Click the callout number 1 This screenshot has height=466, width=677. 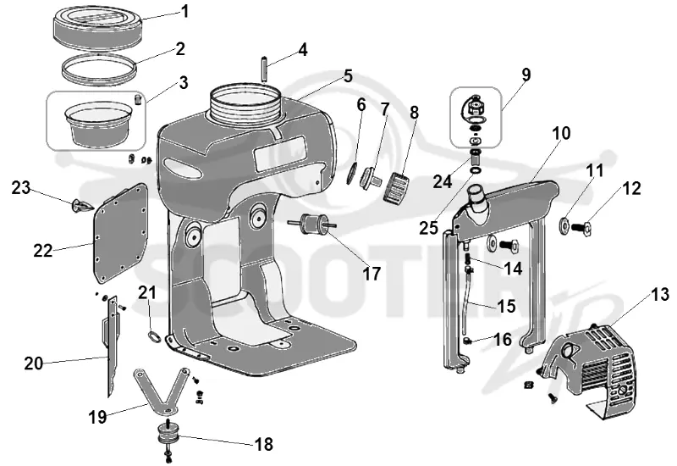click(x=185, y=11)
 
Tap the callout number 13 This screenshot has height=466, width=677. click(x=660, y=294)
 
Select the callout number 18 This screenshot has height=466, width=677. click(x=264, y=444)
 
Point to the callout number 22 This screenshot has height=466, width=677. click(x=43, y=250)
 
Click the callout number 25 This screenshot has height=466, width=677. click(x=429, y=227)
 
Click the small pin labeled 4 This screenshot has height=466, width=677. click(x=264, y=69)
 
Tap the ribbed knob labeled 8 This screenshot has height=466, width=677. click(x=398, y=186)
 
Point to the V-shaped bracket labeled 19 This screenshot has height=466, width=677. click(x=162, y=389)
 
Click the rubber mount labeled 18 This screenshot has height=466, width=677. click(x=168, y=434)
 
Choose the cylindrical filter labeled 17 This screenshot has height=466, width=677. click(x=311, y=224)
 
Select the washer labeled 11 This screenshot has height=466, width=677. click(x=564, y=225)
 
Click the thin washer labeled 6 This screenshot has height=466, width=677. click(x=351, y=173)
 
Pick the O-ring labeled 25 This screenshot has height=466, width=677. click(x=476, y=171)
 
